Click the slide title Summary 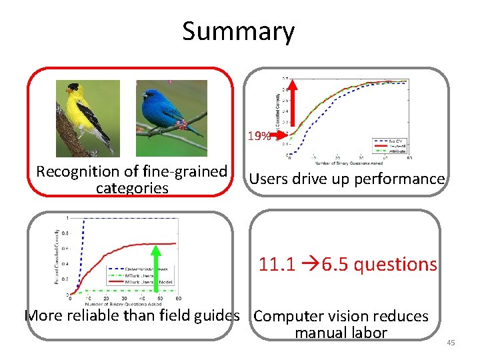[x=238, y=31]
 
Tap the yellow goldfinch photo [x=87, y=118]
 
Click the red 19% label [x=259, y=137]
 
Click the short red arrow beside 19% [x=281, y=135]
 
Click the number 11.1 [x=277, y=265]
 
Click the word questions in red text [x=395, y=265]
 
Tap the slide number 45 [x=450, y=343]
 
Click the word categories [x=132, y=188]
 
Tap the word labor [x=368, y=332]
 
